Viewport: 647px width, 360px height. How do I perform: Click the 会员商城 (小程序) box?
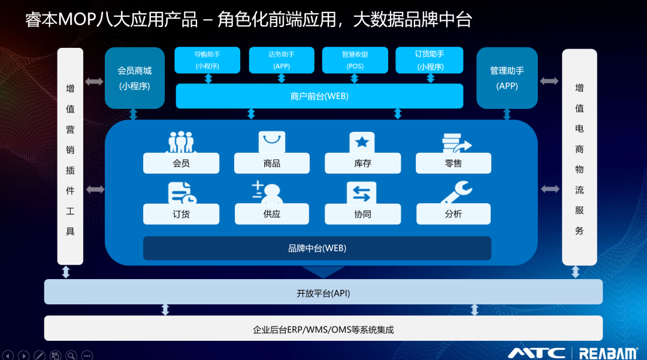click(134, 78)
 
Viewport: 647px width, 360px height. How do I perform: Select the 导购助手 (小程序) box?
click(207, 60)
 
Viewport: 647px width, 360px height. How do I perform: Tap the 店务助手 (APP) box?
click(282, 60)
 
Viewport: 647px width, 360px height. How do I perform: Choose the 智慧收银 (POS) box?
click(355, 60)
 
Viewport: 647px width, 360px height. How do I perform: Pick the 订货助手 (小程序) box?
click(430, 60)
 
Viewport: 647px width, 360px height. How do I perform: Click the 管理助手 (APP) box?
click(507, 78)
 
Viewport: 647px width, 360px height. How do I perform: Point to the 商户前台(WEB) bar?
click(319, 96)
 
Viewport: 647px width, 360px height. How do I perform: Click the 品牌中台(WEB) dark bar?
click(317, 248)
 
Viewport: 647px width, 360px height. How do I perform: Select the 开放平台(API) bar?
click(323, 293)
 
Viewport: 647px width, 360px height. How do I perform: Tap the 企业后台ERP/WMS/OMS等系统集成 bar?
click(323, 329)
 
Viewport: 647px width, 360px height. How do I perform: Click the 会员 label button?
click(181, 164)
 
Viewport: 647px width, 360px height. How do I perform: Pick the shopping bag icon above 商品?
click(272, 142)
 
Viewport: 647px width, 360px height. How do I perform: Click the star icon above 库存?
click(362, 143)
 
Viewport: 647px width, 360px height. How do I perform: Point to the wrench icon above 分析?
click(455, 193)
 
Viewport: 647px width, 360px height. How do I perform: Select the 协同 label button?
click(362, 214)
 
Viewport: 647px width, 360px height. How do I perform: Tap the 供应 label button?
click(272, 214)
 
